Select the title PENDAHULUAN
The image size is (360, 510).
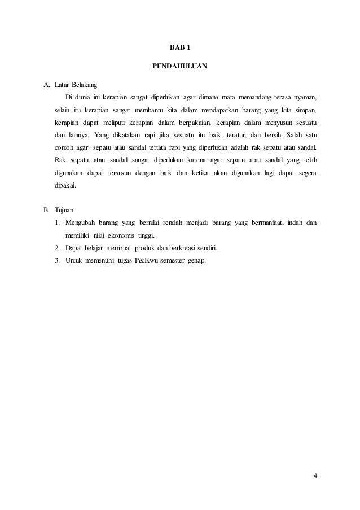coord(180,66)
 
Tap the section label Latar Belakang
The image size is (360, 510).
coord(76,85)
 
